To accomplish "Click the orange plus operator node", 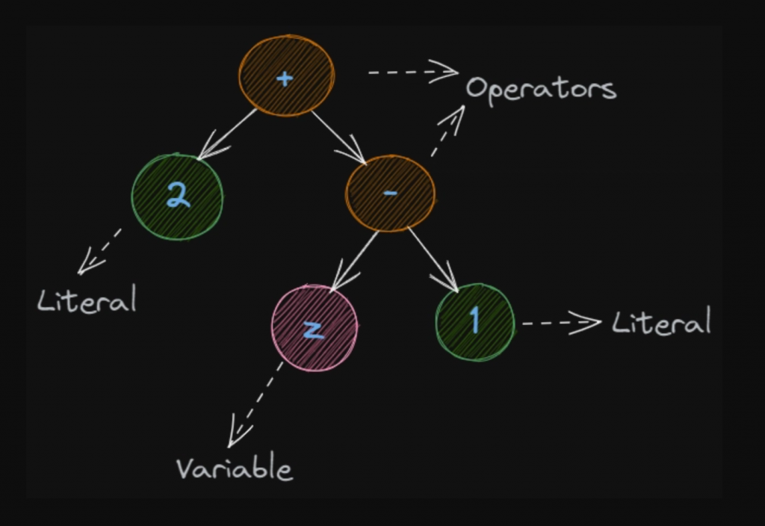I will pyautogui.click(x=286, y=75).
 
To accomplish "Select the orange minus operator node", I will pyautogui.click(x=390, y=194).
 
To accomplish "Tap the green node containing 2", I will pyautogui.click(x=177, y=197).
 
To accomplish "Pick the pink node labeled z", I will pyautogui.click(x=315, y=329).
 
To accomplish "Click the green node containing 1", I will pyautogui.click(x=475, y=322).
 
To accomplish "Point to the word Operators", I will pyautogui.click(x=541, y=89).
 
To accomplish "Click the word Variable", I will pyautogui.click(x=234, y=469).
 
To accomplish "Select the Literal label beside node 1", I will pyautogui.click(x=661, y=323).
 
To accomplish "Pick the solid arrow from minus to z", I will pyautogui.click(x=355, y=259).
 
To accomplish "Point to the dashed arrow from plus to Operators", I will pyautogui.click(x=412, y=72).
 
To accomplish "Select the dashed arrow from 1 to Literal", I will pyautogui.click(x=560, y=324).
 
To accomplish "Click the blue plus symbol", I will pyautogui.click(x=284, y=78).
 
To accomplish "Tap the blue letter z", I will pyautogui.click(x=314, y=329).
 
